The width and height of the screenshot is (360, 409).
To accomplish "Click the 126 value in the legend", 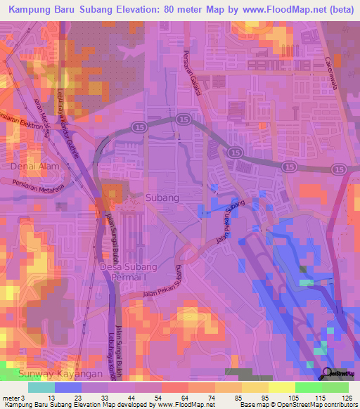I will [348, 398].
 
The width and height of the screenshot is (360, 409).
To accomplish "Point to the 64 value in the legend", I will [174, 398].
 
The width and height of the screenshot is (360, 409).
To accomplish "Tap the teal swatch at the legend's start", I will [41, 387].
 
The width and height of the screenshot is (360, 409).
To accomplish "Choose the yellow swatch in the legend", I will [281, 387].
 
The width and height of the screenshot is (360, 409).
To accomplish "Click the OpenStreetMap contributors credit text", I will [319, 405].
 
